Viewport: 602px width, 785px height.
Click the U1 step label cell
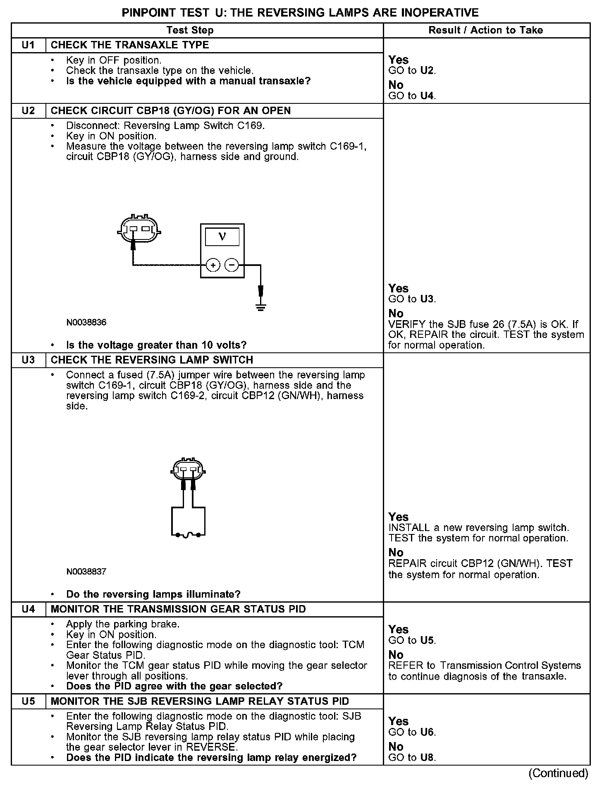[28, 45]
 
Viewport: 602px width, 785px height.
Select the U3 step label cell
[28, 360]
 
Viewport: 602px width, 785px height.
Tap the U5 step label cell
[28, 701]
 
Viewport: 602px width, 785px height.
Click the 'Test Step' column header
[190, 30]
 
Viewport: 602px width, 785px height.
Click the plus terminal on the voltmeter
[213, 265]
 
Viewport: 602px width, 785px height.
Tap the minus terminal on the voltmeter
[232, 265]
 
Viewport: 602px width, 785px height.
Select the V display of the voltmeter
[222, 237]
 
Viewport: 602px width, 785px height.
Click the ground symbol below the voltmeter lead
[260, 307]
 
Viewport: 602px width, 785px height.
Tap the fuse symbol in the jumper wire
[188, 535]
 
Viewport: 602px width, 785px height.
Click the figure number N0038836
[86, 323]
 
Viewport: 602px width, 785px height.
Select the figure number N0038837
[86, 572]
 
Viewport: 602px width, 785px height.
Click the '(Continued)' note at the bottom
[558, 773]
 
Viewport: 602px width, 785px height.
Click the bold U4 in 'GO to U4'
[427, 96]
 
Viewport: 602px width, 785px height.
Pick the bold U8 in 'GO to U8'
[427, 758]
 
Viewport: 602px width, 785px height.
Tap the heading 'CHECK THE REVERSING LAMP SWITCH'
[152, 360]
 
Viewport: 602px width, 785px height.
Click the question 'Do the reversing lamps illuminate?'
[153, 594]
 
